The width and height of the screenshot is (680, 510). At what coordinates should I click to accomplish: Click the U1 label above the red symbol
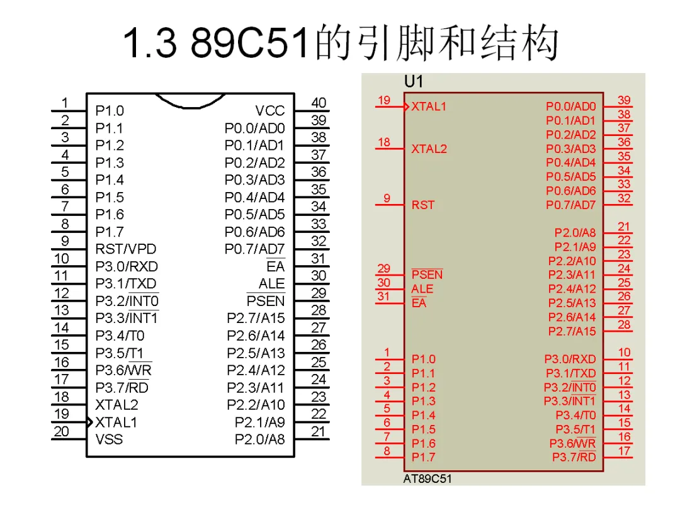(414, 82)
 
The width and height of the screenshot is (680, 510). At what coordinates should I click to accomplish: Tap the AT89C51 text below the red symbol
(428, 479)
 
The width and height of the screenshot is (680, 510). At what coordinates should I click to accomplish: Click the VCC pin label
(270, 111)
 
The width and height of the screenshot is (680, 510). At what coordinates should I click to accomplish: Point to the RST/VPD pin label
(126, 249)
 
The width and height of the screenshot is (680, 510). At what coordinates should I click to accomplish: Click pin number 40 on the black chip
(319, 103)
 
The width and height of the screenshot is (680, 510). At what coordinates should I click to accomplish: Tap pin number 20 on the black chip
(61, 431)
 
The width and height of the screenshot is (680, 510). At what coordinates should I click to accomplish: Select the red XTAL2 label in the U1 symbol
(429, 149)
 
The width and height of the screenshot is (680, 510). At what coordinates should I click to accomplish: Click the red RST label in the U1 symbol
(423, 205)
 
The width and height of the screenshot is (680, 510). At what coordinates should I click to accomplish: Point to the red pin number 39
(624, 100)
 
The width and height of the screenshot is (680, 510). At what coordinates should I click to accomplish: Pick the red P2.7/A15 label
(572, 331)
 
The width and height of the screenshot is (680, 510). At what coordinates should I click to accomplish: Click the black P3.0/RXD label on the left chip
(127, 266)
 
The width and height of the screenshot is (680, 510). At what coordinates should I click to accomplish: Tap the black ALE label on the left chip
(271, 284)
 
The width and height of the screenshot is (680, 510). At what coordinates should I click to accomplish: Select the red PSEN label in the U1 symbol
(427, 275)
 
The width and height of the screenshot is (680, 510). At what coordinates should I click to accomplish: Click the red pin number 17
(624, 451)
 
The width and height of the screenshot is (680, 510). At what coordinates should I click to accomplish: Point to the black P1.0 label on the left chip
(110, 111)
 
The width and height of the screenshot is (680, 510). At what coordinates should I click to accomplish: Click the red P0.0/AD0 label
(570, 107)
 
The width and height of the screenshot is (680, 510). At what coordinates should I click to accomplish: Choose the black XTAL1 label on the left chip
(116, 422)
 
